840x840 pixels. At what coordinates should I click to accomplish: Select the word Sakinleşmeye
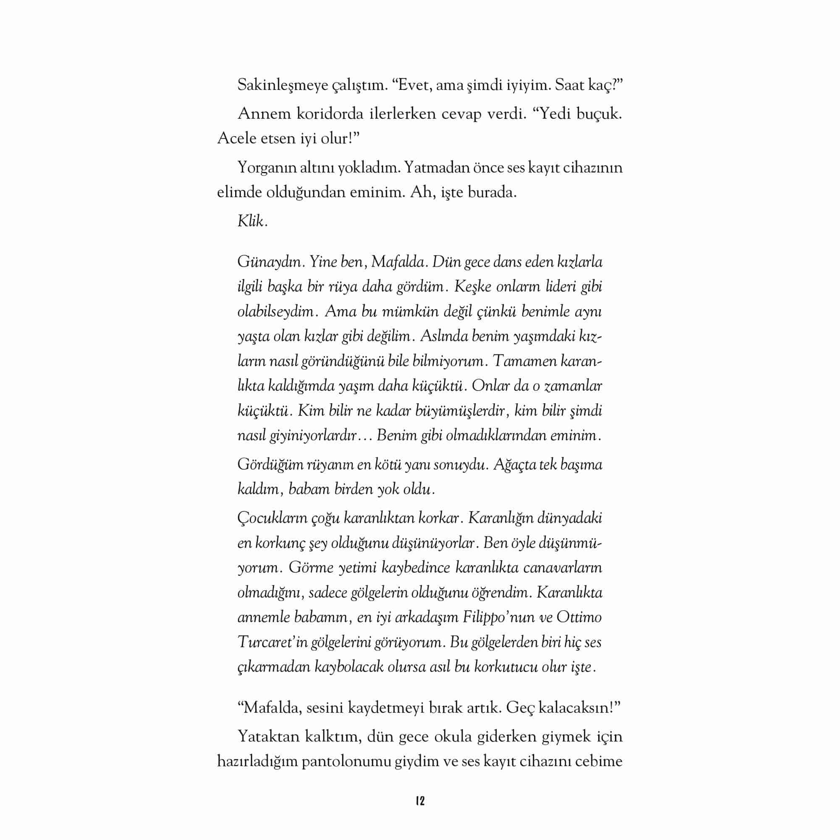tap(283, 86)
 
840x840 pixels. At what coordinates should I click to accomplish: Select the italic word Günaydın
tap(269, 262)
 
